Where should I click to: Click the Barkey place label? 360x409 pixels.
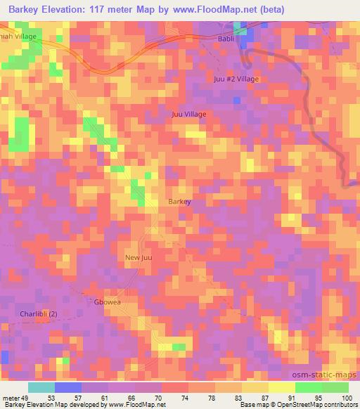coord(179,202)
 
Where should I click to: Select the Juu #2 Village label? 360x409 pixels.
coord(236,79)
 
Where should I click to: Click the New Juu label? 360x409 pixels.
coord(139,258)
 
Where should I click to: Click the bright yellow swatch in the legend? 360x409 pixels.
coord(281,387)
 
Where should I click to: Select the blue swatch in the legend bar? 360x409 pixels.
coord(67,387)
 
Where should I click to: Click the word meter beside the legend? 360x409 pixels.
coord(11,397)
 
